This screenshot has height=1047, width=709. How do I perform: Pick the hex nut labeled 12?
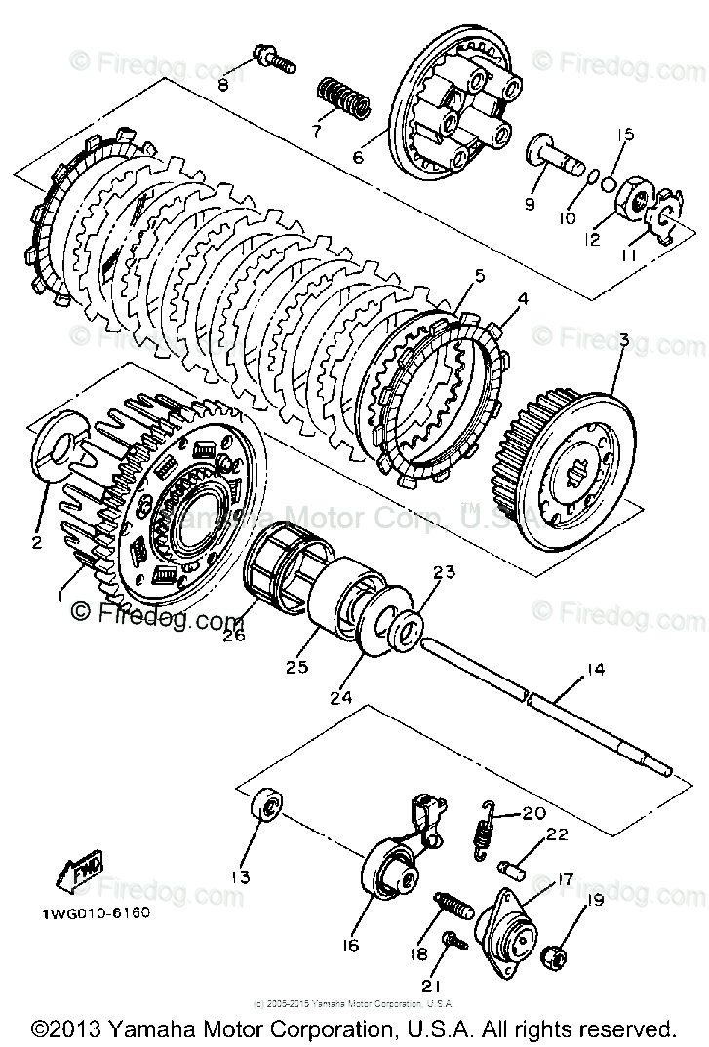click(635, 203)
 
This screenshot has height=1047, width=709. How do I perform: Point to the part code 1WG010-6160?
click(96, 915)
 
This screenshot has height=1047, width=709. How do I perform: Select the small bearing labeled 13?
click(265, 807)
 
